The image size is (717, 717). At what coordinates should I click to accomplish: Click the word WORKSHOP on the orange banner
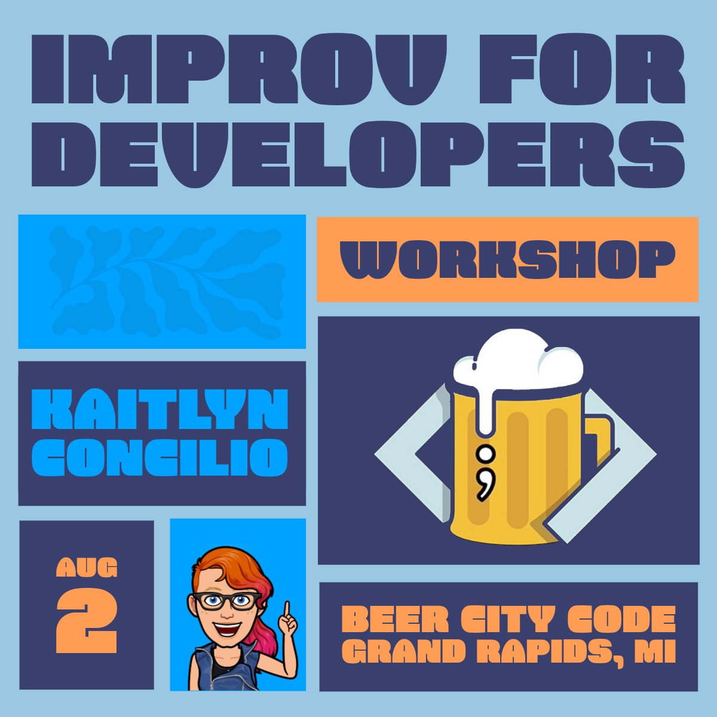coord(507,260)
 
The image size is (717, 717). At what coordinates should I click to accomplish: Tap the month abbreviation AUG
coord(87,568)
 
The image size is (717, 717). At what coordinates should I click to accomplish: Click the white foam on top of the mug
coord(517,361)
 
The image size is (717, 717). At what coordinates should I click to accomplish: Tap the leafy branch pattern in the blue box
coord(161,281)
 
